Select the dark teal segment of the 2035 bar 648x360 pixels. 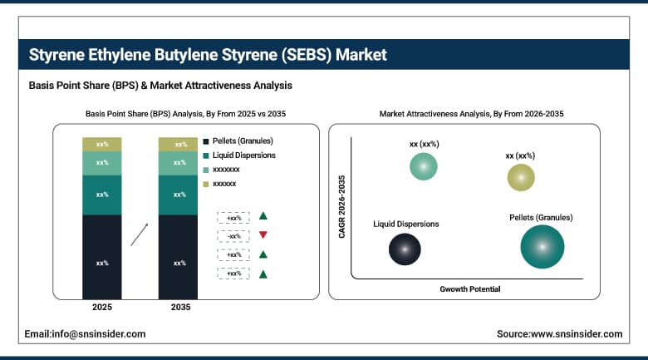point(179,195)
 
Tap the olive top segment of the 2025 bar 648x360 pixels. point(102,145)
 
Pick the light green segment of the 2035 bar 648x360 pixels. point(179,163)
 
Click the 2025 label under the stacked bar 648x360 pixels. point(102,308)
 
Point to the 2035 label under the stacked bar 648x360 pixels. point(179,308)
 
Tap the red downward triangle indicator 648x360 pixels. point(263,235)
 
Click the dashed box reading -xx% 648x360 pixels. point(233,236)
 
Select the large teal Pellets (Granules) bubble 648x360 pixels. point(542,247)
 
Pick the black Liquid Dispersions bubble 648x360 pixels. point(405,248)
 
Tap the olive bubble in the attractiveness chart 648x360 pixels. point(521,177)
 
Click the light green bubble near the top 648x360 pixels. point(424,166)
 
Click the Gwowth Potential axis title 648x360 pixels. point(470,288)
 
